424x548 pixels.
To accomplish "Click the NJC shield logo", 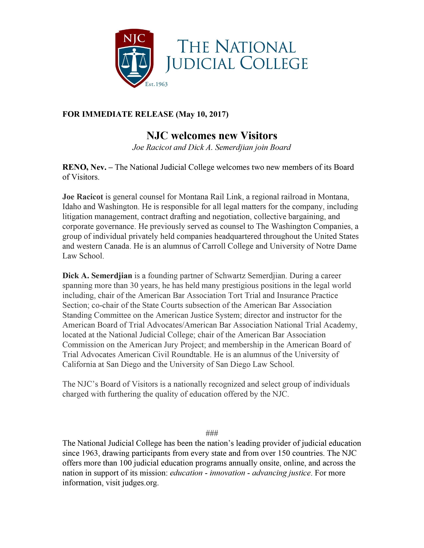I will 134,58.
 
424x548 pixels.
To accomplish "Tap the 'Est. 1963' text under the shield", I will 156,84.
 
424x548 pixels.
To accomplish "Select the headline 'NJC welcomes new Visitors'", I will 212,136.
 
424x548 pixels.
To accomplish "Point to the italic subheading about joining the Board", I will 212,147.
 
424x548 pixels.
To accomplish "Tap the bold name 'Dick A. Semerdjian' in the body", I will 97,276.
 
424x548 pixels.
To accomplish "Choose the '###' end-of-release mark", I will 212,433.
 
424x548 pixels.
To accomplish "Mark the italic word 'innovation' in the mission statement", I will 227,473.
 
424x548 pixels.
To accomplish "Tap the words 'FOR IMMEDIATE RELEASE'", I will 118,114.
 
